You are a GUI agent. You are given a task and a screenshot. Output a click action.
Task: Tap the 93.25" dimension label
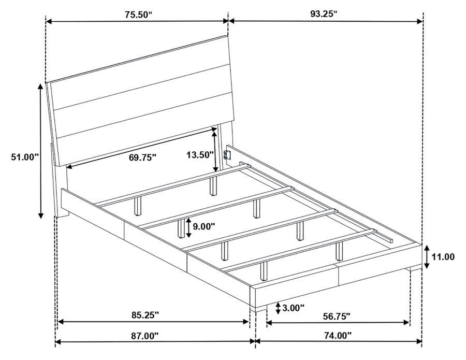[324, 13]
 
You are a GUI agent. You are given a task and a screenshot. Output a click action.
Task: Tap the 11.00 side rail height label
[444, 256]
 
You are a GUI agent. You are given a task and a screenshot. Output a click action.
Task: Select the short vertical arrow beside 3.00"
[279, 308]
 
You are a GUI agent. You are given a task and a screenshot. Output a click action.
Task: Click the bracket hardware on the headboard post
[226, 154]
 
